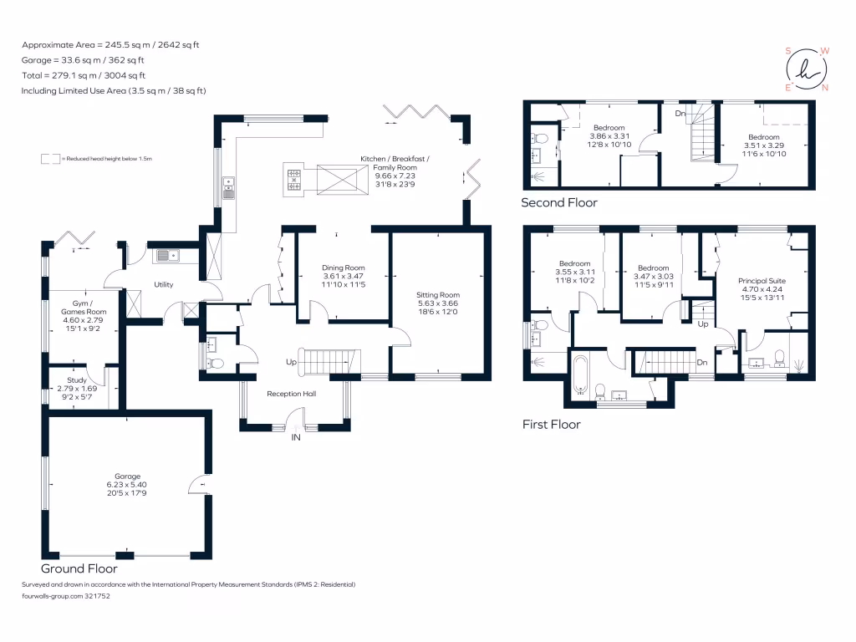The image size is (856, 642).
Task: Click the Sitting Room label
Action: [x=438, y=295]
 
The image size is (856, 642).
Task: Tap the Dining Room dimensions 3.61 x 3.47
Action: [x=343, y=276]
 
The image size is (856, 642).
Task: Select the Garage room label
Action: [x=127, y=476]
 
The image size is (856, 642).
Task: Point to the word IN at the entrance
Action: [x=296, y=437]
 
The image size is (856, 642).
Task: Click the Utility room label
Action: [x=163, y=284]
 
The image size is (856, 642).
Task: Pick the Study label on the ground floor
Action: [x=77, y=380]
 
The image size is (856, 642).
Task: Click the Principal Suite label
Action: [x=762, y=281]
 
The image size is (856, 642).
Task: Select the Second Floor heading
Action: [x=559, y=202]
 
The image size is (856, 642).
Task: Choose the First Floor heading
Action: [x=552, y=424]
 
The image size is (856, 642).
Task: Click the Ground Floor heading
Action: [x=79, y=568]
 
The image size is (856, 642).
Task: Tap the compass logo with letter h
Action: [x=807, y=70]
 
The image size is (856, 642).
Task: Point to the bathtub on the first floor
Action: [x=580, y=374]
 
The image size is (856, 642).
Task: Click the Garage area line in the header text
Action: [x=83, y=60]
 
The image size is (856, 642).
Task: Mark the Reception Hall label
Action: [x=292, y=394]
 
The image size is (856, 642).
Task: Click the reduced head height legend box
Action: [x=50, y=159]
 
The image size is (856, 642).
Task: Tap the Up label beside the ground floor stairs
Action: [x=291, y=362]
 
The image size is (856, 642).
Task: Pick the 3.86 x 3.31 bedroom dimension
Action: [x=609, y=136]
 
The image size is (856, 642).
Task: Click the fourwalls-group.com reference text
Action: [x=66, y=596]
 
